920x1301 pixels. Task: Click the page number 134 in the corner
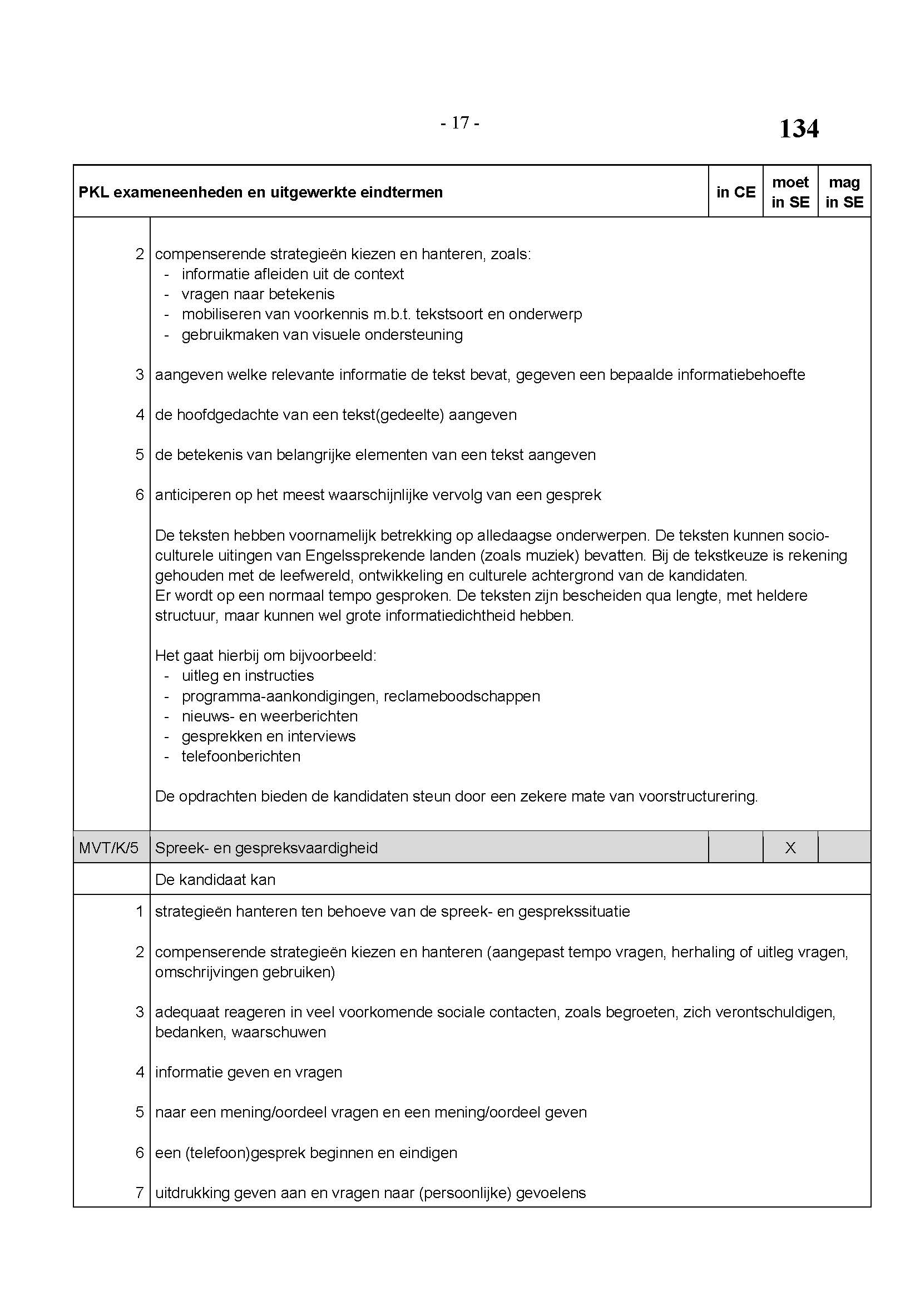click(798, 128)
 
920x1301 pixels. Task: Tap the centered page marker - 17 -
click(460, 122)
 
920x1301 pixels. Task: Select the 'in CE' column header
click(735, 192)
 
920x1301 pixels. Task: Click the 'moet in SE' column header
click(790, 192)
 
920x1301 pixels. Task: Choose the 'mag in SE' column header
click(844, 192)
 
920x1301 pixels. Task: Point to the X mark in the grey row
click(790, 848)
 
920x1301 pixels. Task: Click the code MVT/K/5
click(109, 848)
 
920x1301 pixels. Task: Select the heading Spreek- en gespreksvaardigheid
click(266, 848)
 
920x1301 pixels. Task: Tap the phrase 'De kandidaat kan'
click(215, 879)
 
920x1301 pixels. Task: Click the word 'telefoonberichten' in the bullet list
click(241, 756)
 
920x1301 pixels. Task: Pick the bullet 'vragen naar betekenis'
click(258, 294)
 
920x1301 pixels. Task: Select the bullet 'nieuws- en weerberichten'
click(270, 716)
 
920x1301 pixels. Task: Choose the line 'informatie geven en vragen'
click(249, 1072)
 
